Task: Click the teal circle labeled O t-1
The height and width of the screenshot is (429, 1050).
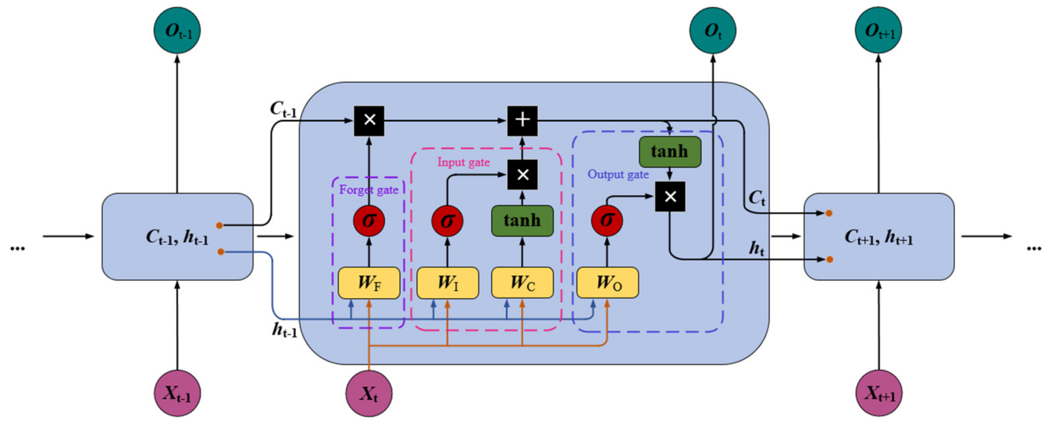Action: point(177,31)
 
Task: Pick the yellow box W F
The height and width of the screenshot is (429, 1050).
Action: point(369,283)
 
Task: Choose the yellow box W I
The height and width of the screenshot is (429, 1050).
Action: point(448,283)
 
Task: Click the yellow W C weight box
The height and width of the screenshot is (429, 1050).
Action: point(522,283)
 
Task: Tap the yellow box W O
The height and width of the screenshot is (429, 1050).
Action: point(607,283)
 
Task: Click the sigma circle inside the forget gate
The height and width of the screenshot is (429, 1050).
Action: point(369,221)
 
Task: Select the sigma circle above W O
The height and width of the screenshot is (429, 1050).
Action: point(607,221)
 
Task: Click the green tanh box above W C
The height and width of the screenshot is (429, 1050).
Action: point(522,221)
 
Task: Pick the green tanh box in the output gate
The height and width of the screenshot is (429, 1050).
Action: point(670,152)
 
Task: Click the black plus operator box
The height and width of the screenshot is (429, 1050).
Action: point(522,121)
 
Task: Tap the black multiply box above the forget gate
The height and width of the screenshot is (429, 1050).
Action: point(369,121)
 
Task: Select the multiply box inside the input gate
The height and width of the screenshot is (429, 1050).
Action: point(522,175)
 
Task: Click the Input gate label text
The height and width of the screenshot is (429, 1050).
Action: point(463,162)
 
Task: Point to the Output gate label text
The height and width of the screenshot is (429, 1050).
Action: point(618,174)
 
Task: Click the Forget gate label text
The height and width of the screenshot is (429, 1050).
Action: point(369,190)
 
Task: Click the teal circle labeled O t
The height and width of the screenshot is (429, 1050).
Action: point(712,31)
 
